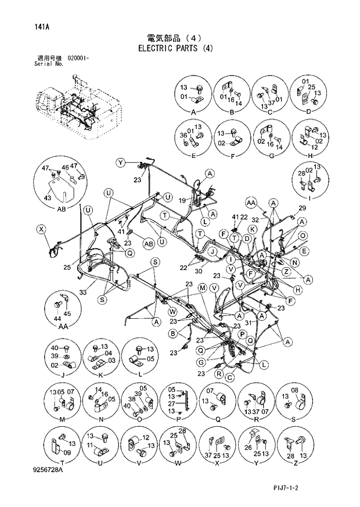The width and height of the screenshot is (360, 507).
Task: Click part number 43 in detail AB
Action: [x=48, y=198]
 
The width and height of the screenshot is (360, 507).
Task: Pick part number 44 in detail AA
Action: [x=57, y=318]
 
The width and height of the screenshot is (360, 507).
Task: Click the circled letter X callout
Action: [x=41, y=229]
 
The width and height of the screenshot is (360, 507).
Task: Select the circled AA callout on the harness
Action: [x=251, y=203]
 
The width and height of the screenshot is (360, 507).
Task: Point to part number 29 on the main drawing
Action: [x=302, y=208]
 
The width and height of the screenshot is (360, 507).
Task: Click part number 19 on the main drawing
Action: [x=182, y=200]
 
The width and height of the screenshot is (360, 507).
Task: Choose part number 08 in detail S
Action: [x=294, y=390]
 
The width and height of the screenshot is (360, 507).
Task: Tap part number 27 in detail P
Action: [x=171, y=404]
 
